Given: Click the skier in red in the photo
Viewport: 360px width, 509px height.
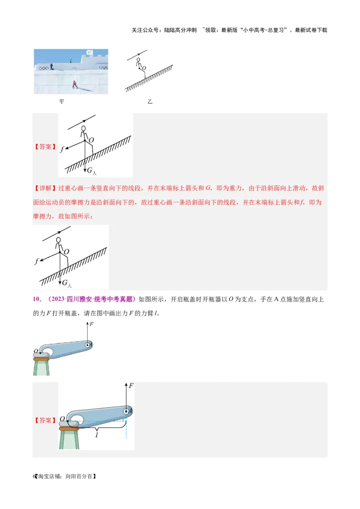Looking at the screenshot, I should pos(74,84).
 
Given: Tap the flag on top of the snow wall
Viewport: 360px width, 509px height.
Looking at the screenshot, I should pos(89,52).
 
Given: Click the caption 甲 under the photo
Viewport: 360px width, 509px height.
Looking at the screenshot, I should pos(62,102).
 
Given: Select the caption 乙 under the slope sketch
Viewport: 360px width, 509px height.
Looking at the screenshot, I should pos(150,102).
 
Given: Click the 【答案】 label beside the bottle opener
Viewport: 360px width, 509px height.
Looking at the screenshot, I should pos(45,420).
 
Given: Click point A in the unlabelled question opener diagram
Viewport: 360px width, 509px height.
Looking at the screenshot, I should pos(89,345).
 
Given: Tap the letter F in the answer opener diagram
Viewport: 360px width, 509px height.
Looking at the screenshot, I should pos(131,386).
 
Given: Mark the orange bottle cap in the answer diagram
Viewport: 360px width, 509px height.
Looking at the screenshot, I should pos(69,429).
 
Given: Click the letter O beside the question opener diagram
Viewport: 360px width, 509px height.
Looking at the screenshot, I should pos(36,351).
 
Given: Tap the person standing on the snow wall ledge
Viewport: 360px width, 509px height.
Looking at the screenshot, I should pos(51,67).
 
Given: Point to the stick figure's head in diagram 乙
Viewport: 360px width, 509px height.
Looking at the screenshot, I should pos(138,59).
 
